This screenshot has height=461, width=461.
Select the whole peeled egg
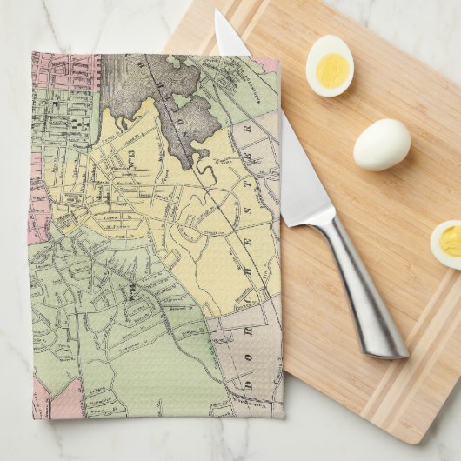(x=382, y=144)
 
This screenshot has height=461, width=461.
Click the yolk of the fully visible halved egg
(x=331, y=70)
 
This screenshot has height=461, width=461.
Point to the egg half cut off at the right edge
(x=447, y=244)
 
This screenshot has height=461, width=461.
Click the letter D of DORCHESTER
(x=247, y=383)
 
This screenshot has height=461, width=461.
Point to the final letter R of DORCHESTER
(x=246, y=127)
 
